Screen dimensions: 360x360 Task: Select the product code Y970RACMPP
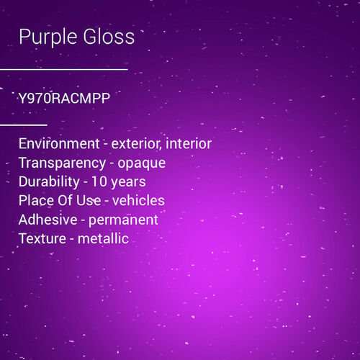(x=64, y=99)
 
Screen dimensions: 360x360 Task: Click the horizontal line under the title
(x=63, y=69)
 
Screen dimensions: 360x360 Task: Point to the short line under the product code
(x=23, y=125)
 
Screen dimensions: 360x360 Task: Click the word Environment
(x=59, y=144)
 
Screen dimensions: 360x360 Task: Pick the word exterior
(x=136, y=144)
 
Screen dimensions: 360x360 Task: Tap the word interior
(x=189, y=144)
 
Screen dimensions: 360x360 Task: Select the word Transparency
(x=60, y=163)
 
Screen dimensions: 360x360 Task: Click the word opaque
(x=142, y=163)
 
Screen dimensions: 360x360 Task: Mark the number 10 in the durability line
(x=99, y=181)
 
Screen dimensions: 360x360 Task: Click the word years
(x=129, y=182)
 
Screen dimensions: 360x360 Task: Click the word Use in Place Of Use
(x=89, y=200)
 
